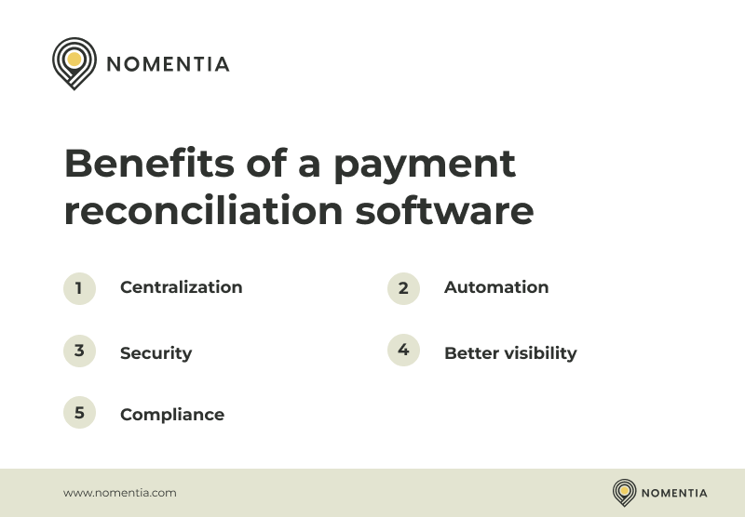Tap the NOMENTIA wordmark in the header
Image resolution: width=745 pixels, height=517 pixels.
(x=168, y=64)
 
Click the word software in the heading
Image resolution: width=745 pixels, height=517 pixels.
(x=444, y=210)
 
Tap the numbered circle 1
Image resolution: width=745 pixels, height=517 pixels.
(x=79, y=288)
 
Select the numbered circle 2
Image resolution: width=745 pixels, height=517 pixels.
(x=403, y=288)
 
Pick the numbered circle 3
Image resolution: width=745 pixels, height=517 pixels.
(x=79, y=351)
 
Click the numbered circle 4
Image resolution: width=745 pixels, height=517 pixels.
(x=403, y=350)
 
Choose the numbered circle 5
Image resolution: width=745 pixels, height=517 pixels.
(x=79, y=412)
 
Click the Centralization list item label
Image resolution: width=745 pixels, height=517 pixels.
(x=181, y=287)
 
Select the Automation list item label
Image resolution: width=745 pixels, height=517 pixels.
(x=496, y=287)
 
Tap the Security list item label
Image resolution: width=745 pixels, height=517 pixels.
(x=156, y=353)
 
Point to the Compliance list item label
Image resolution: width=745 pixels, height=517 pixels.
(x=172, y=415)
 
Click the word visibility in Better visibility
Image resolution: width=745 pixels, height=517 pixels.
(x=541, y=353)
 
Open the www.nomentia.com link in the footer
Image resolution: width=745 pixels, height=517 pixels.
(x=119, y=493)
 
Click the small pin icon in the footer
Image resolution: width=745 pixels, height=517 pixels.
(x=624, y=492)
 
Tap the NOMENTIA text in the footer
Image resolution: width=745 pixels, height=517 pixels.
(x=674, y=493)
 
